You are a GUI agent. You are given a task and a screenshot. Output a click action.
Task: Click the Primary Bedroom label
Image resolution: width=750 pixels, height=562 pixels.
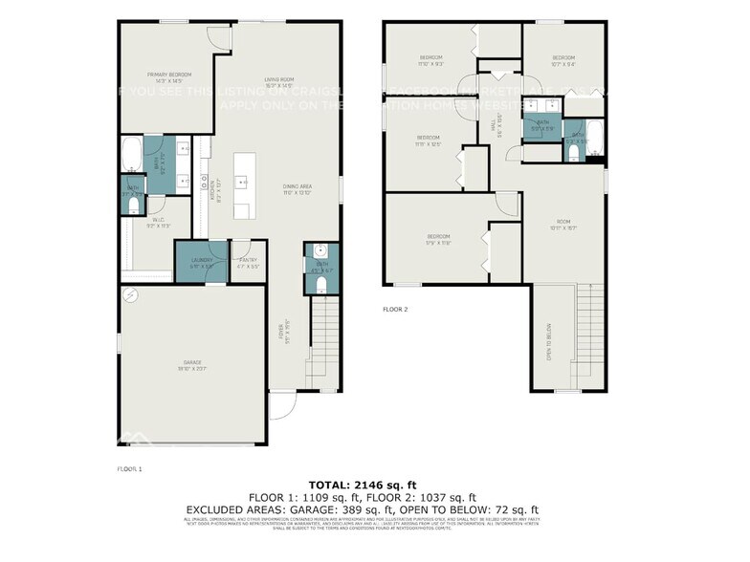(169, 76)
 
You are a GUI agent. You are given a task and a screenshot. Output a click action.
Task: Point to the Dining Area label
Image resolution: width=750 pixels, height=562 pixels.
(298, 190)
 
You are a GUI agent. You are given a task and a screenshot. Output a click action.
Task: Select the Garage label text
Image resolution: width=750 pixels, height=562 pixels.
(192, 364)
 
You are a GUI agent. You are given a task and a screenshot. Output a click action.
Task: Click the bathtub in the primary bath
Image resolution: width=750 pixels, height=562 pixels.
(131, 154)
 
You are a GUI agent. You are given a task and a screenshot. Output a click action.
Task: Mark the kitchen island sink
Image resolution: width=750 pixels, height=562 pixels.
(244, 181)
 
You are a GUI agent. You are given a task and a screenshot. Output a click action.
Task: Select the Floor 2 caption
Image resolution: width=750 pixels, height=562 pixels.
(395, 310)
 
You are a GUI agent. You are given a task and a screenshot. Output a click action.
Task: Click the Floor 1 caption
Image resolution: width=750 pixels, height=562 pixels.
(129, 469)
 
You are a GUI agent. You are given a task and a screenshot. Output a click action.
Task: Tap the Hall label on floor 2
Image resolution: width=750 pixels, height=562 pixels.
(496, 126)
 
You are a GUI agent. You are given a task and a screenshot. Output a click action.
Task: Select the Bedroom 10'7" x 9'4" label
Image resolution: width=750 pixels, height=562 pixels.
(562, 60)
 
